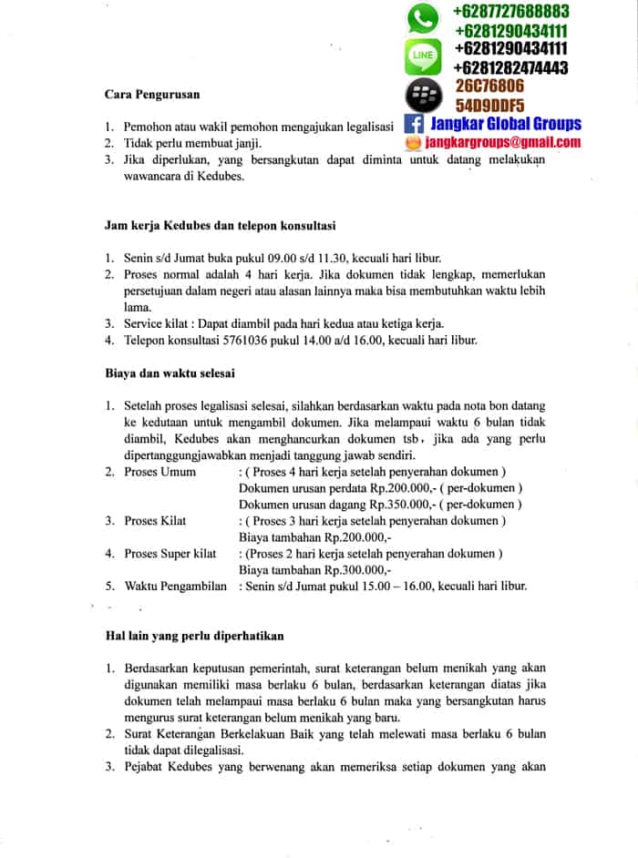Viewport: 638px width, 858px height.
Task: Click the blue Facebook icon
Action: click(413, 125)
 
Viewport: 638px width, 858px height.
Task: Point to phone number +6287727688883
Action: click(510, 12)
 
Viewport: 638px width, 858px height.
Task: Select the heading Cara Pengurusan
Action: click(152, 94)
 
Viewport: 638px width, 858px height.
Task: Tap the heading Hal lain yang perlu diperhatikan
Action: click(195, 635)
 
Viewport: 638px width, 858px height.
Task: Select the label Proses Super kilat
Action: click(170, 553)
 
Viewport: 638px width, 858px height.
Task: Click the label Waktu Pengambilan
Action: click(176, 586)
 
